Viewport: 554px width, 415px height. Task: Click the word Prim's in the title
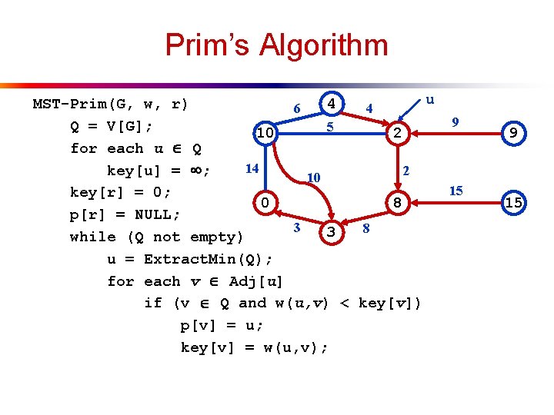(207, 45)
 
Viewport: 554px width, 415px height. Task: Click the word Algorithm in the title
(323, 45)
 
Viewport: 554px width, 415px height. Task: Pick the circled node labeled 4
(331, 102)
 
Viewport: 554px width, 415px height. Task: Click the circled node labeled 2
(397, 134)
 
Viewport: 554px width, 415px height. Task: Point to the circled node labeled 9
(513, 134)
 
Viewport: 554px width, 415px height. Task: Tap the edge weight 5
(329, 126)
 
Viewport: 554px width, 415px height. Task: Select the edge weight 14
(251, 168)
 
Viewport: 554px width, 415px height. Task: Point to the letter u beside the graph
(430, 99)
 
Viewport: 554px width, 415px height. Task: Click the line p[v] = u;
(222, 325)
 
